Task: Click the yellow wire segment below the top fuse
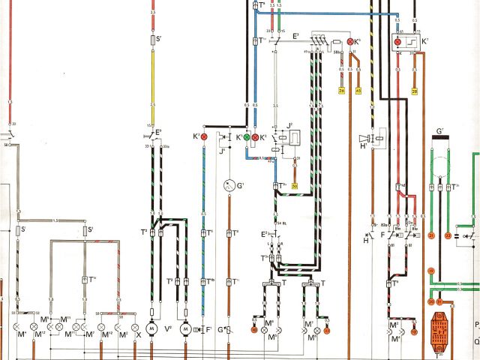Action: [153, 82]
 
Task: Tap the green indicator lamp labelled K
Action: [247, 138]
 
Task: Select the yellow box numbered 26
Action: [342, 91]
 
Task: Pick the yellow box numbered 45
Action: [358, 91]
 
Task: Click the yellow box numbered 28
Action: [414, 91]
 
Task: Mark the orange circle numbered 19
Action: [431, 270]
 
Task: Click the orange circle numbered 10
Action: [254, 330]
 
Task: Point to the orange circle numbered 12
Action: [414, 330]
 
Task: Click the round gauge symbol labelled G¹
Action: [230, 184]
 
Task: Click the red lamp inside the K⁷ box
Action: [398, 40]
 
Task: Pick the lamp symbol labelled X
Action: [136, 328]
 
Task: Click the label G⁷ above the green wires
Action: [440, 133]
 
